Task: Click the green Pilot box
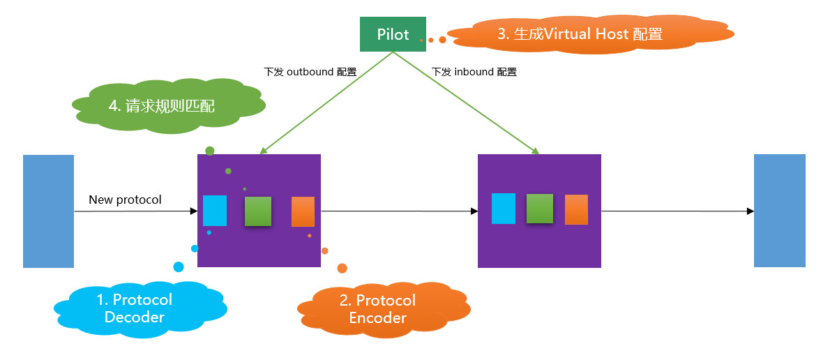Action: [393, 34]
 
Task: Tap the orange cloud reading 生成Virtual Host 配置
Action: [579, 33]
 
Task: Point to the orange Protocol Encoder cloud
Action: [377, 308]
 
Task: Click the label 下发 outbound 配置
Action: [310, 72]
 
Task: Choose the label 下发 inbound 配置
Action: [474, 72]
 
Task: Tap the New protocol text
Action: [125, 200]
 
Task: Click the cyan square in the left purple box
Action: [215, 210]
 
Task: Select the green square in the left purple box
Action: [258, 211]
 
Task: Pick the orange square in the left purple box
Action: [303, 211]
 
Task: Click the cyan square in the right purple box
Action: [504, 209]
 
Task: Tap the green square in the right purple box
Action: [539, 209]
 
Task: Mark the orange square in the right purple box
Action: [576, 209]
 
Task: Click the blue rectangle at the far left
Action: [48, 211]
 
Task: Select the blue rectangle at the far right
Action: [780, 211]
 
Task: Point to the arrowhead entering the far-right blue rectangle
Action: [751, 211]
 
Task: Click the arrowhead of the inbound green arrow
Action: [536, 151]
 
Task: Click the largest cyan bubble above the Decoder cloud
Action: [179, 267]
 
